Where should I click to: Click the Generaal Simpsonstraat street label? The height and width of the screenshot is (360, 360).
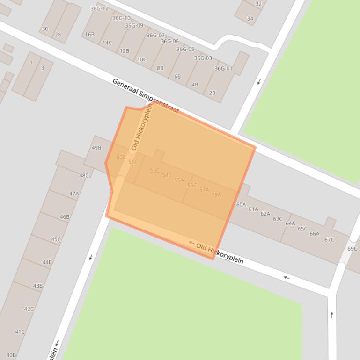pyautogui.click(x=146, y=96)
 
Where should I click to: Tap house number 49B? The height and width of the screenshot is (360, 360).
pyautogui.click(x=96, y=148)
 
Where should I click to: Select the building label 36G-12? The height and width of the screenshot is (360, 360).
pyautogui.click(x=99, y=9)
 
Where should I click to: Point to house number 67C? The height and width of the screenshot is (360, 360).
pyautogui.click(x=329, y=240)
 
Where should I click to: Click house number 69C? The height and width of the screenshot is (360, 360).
pyautogui.click(x=352, y=249)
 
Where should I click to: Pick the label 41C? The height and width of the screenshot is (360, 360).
pyautogui.click(x=20, y=332)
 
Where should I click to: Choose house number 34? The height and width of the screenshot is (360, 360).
pyautogui.click(x=250, y=19)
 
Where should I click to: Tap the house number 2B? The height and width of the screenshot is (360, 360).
pyautogui.click(x=212, y=93)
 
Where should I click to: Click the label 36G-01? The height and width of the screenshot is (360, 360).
pyautogui.click(x=223, y=69)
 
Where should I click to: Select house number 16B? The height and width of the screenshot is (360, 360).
pyautogui.click(x=89, y=35)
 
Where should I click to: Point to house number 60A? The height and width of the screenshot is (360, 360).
pyautogui.click(x=241, y=205)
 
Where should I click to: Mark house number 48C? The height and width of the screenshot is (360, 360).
pyautogui.click(x=84, y=176)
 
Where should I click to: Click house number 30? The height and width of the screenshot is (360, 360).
pyautogui.click(x=45, y=29)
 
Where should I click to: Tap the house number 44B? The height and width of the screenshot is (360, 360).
pyautogui.click(x=47, y=262)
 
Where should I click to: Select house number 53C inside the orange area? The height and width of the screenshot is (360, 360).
pyautogui.click(x=154, y=171)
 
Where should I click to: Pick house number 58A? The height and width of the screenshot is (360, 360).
pyautogui.click(x=216, y=195)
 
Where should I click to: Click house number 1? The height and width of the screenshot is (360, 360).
pyautogui.click(x=31, y=63)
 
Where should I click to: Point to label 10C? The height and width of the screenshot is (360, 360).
pyautogui.click(x=141, y=59)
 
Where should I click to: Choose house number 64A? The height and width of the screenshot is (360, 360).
pyautogui.click(x=290, y=223)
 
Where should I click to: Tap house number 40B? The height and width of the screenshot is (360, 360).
pyautogui.click(x=11, y=355)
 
